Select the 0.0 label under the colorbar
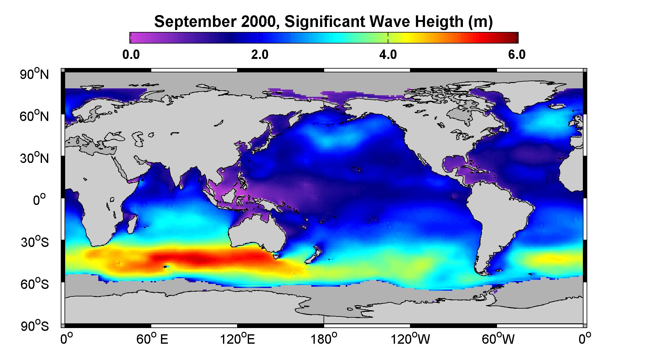tap(131, 55)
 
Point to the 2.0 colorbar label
tap(260, 55)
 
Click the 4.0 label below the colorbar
tap(388, 55)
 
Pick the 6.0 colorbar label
tap(517, 55)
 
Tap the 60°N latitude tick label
tap(35, 116)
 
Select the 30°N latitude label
tap(35, 158)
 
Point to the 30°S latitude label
tap(35, 242)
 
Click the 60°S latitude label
tap(35, 284)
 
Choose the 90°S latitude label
tap(35, 326)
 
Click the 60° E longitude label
tap(152, 339)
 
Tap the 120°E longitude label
tap(237, 339)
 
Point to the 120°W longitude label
tap(410, 339)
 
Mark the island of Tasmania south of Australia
tap(276, 257)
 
